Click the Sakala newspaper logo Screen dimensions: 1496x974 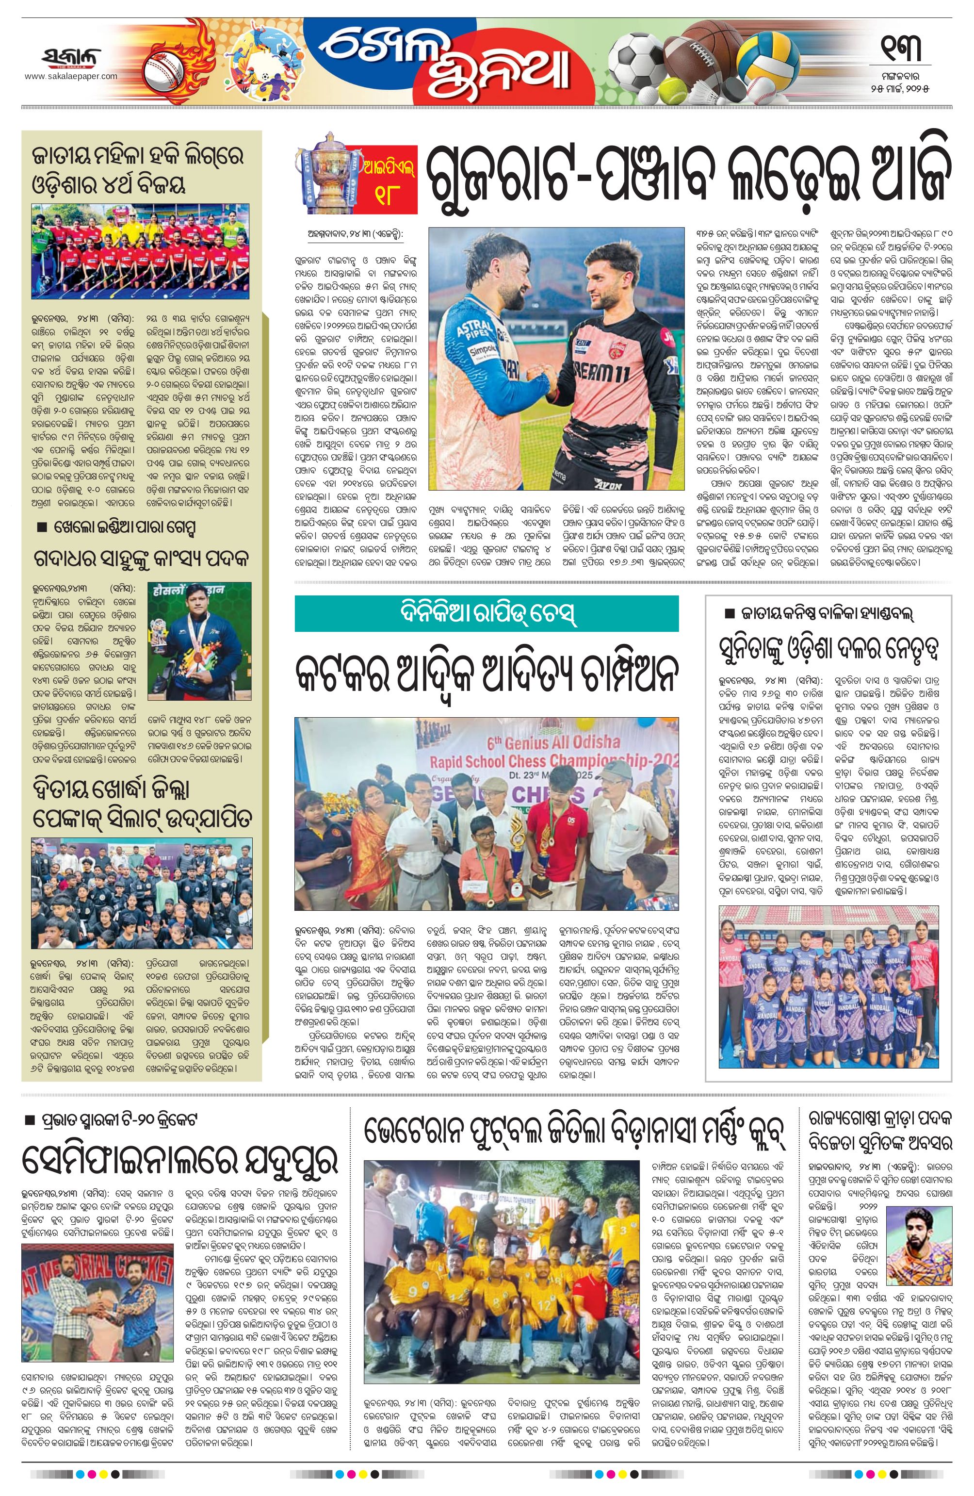click(x=71, y=57)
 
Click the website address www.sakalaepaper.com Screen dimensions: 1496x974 click(x=71, y=76)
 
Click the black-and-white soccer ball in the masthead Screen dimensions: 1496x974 click(x=635, y=57)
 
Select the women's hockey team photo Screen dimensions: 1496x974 click(x=140, y=251)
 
